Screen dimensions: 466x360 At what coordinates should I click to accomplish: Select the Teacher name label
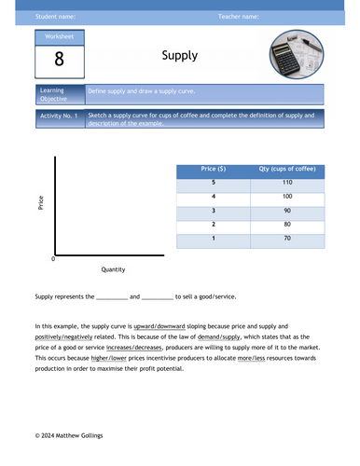(x=239, y=17)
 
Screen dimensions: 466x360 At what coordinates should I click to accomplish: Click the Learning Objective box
(x=57, y=95)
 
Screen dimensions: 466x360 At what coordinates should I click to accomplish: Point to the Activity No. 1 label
(x=57, y=117)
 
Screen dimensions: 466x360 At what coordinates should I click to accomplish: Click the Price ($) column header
(x=213, y=169)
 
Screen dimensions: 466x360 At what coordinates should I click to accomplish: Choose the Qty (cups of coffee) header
(x=288, y=169)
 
